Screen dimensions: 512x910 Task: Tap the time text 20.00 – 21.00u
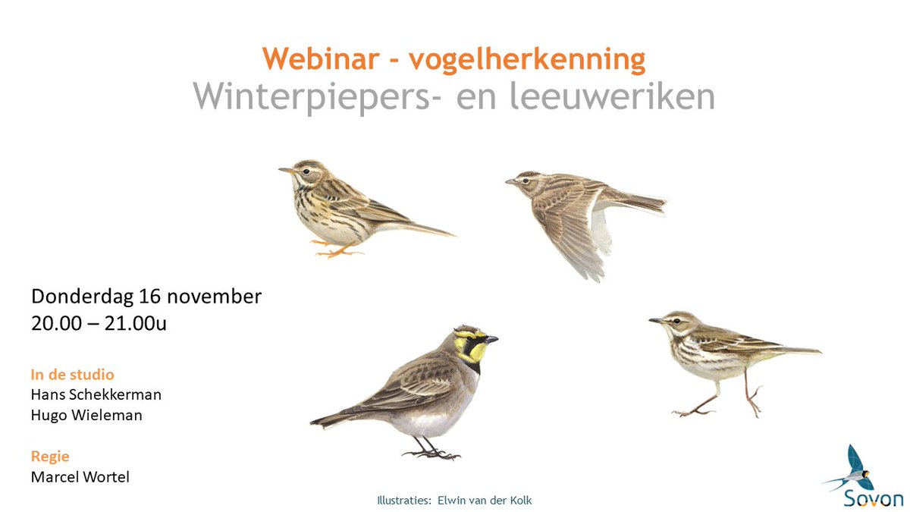(x=99, y=323)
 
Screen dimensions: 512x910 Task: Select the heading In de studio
(x=73, y=374)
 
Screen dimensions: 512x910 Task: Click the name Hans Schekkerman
(x=96, y=394)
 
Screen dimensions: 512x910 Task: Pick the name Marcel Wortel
(x=80, y=476)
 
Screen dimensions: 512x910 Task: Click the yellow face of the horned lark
(x=475, y=350)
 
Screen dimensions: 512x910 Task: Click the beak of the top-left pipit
(x=284, y=170)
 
